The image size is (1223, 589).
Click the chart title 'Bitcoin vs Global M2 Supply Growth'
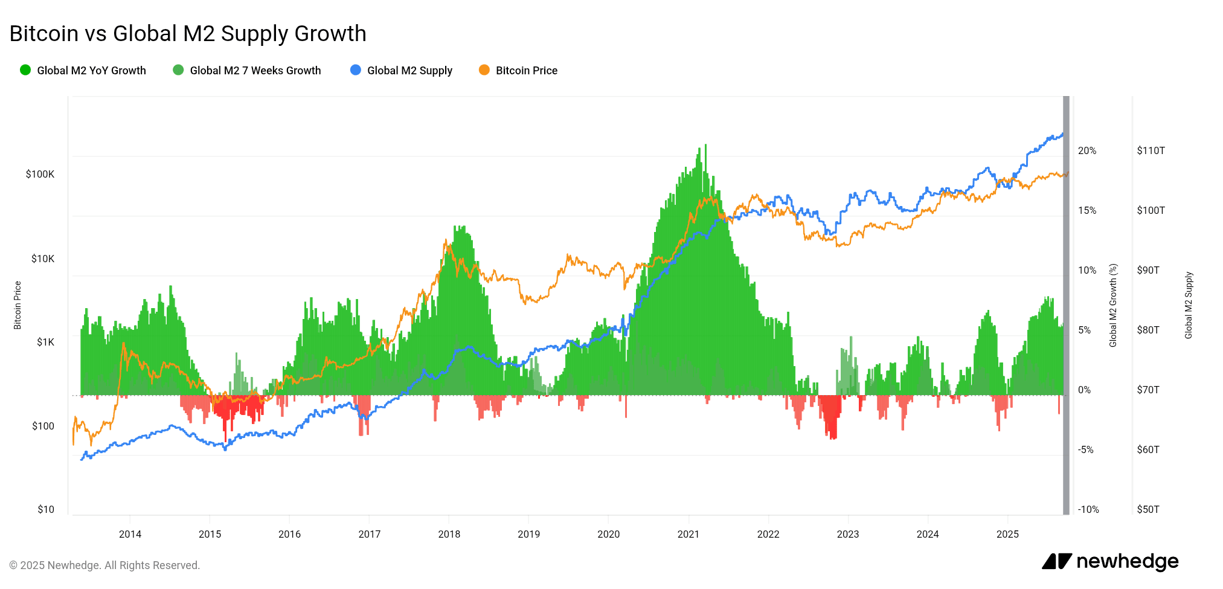coord(188,33)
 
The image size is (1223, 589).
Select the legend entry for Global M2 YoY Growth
coord(83,70)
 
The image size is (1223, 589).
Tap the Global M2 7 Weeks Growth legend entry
coord(247,70)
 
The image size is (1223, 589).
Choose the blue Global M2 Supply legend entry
coord(402,70)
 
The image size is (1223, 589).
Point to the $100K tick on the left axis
coord(40,174)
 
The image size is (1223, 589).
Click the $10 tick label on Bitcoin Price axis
coord(46,509)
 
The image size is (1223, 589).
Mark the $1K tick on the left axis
coord(45,342)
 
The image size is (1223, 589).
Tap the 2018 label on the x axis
coord(449,534)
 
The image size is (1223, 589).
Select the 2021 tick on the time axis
coord(688,534)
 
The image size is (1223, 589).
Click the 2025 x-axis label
coord(1007,534)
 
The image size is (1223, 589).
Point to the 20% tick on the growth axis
coord(1087,150)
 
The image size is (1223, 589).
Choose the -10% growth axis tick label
coord(1088,509)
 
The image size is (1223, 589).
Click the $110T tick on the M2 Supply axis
coord(1151,150)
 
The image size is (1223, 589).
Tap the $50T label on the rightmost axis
coord(1148,509)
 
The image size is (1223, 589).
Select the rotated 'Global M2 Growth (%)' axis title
coord(1113,305)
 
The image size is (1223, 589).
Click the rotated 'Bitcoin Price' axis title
coord(18,305)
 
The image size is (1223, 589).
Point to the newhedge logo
coord(1110,561)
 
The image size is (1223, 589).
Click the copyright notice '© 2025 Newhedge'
coord(104,565)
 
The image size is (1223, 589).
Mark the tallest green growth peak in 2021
coord(705,146)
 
